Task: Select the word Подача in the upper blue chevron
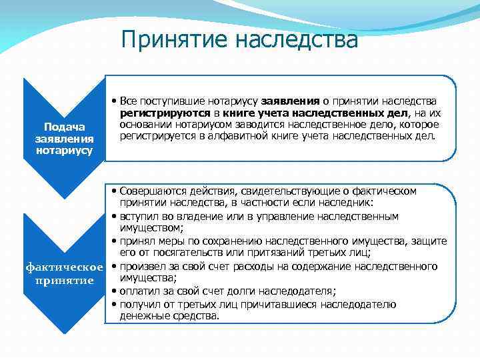click(64, 127)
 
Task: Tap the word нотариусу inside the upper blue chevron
click(64, 150)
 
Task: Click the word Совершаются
click(149, 191)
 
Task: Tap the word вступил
click(139, 216)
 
